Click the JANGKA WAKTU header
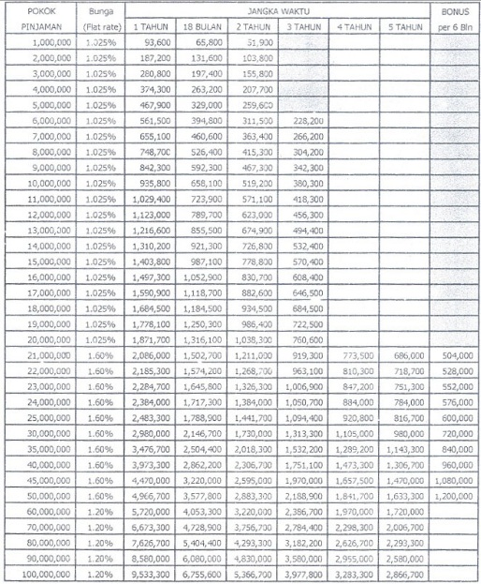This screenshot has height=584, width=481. click(278, 9)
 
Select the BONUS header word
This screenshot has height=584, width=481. click(454, 9)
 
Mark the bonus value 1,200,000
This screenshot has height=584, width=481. click(453, 493)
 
